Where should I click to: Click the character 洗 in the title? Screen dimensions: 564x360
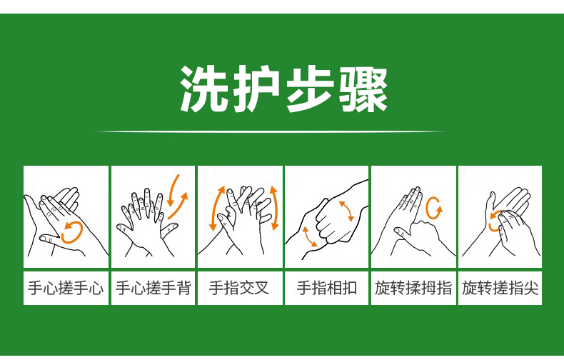point(203,89)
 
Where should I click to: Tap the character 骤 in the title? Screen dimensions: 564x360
point(363,89)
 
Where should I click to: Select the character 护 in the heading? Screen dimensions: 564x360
point(257,89)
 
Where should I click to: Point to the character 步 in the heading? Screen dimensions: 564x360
point(310,89)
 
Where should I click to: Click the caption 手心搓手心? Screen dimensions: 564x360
point(66,289)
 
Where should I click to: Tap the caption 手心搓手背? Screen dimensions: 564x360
point(153,289)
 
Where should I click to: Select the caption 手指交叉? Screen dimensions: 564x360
point(239,289)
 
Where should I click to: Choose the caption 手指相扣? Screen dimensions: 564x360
point(326,289)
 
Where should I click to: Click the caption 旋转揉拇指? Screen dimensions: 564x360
point(413,289)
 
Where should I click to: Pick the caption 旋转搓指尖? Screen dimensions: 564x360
point(500,289)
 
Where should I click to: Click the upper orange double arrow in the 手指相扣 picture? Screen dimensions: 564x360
point(347,211)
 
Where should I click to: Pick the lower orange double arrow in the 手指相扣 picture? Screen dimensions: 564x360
point(309,237)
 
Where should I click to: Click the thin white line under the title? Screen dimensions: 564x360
point(271,131)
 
